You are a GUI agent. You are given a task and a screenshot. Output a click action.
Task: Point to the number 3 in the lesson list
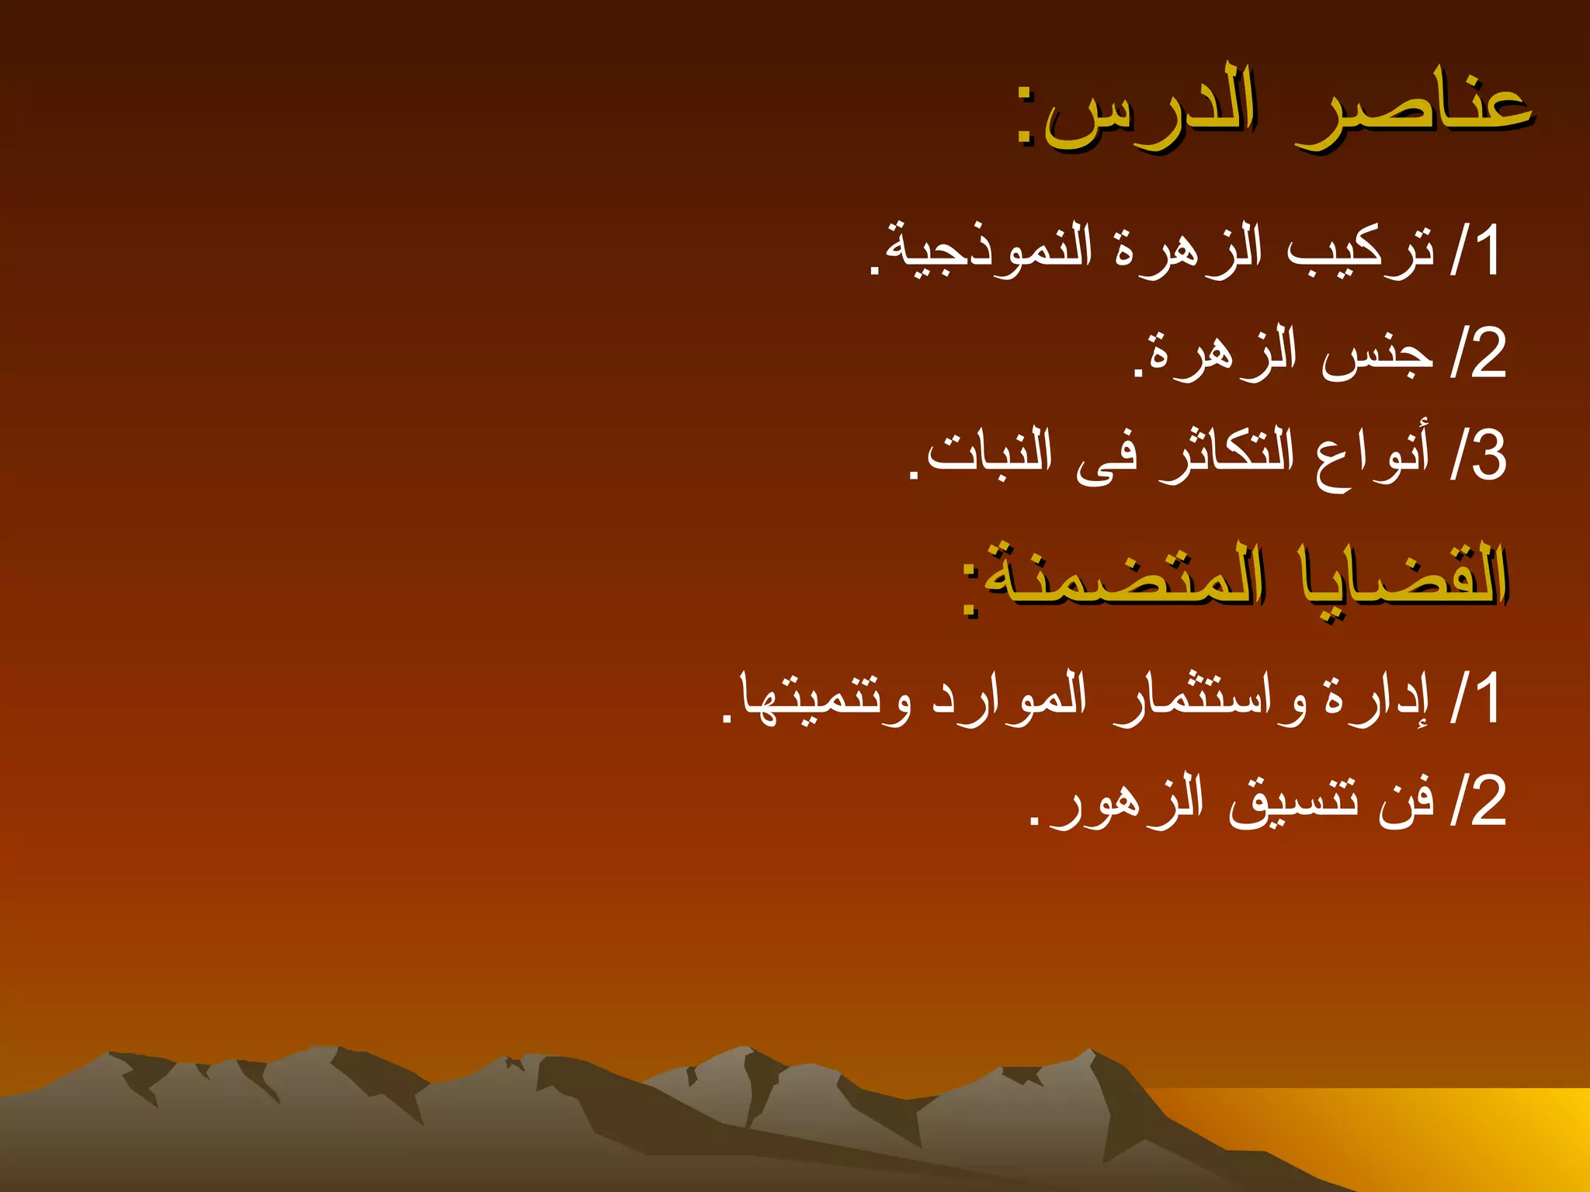pyautogui.click(x=1488, y=456)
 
